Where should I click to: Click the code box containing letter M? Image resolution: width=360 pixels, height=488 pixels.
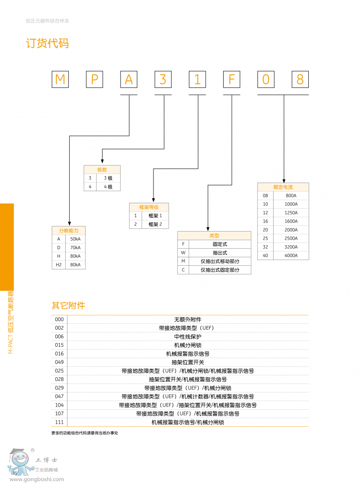[x=60, y=80]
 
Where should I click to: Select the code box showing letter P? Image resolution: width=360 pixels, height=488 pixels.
[x=94, y=80]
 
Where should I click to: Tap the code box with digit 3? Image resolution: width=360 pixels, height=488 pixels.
[x=163, y=80]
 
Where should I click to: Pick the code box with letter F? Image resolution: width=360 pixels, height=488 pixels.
[x=231, y=80]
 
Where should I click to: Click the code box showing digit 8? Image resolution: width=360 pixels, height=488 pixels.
[x=300, y=80]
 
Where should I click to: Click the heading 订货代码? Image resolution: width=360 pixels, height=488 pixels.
[x=47, y=44]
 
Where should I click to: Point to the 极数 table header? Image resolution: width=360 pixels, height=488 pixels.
[x=102, y=170]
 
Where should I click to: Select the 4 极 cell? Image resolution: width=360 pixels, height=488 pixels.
[x=108, y=187]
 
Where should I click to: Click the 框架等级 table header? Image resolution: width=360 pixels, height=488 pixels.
[x=149, y=207]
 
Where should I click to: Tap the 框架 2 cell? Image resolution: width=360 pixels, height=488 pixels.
[x=155, y=224]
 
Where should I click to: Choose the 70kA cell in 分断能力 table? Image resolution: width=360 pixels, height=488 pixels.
[x=75, y=248]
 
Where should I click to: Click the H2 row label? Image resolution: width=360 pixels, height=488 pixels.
[x=58, y=265]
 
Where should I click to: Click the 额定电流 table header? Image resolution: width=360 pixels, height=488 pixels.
[x=283, y=187]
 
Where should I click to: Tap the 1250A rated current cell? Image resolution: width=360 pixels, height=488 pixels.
[x=291, y=213]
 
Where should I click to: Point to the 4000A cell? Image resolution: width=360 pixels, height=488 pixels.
[x=291, y=255]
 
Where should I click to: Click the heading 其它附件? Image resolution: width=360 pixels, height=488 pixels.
[x=68, y=306]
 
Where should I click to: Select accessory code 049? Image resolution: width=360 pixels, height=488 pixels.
[x=59, y=362]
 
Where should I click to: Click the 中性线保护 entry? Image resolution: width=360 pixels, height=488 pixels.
[x=188, y=336]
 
